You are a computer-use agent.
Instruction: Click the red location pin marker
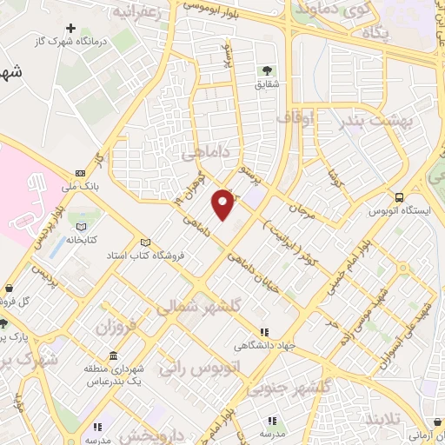tap(223, 204)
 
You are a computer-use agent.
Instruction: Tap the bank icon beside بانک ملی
tap(81, 172)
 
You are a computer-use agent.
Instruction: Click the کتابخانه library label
tap(83, 236)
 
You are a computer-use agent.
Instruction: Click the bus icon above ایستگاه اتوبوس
tap(399, 196)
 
